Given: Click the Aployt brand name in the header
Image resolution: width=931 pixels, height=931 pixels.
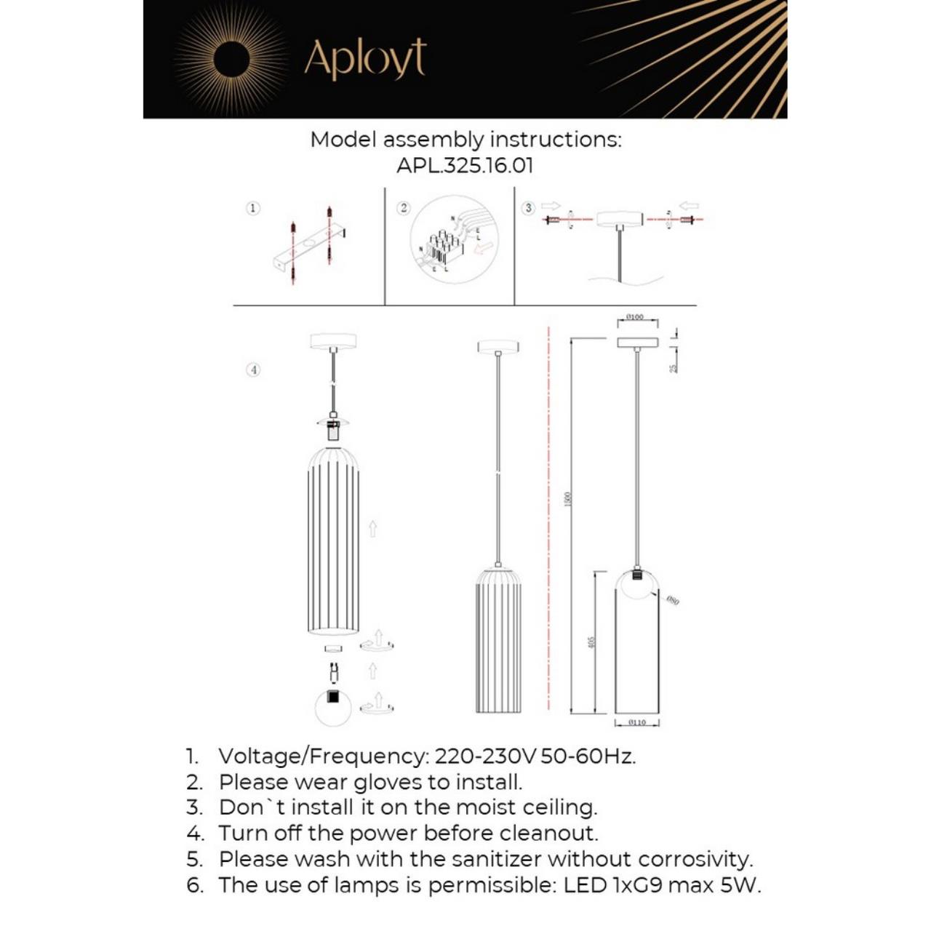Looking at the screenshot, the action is pos(364,60).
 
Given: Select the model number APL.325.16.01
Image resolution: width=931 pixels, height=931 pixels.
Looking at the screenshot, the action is pos(465,165).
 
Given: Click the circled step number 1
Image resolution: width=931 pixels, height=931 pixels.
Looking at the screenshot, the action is pos(253,209).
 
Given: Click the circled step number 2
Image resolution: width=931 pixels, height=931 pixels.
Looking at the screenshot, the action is pos(404,209).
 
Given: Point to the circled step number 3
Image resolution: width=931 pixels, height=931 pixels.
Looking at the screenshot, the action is pos(529,208).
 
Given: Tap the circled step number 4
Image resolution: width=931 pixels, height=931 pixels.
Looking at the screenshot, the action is pos(253,369).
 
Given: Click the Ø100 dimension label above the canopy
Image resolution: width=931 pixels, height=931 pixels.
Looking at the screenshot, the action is pos(634,317).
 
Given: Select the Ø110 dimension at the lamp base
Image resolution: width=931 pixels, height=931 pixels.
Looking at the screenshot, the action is pos(636,722).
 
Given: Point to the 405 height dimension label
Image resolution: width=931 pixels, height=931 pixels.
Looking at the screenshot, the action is pos(591,642).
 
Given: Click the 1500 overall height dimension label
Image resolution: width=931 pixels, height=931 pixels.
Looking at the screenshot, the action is pos(568,499).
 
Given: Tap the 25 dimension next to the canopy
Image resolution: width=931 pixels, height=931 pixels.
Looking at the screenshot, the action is pos(674,368).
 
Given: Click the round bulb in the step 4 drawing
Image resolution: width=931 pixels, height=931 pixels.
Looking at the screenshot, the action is pos(333,706).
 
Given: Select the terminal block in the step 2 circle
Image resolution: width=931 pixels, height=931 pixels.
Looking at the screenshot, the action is pos(441,247).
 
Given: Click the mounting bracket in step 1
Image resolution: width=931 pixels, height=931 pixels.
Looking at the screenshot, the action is pos(309,248).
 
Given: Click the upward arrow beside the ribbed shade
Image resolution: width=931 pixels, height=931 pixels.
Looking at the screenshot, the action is pos(372,529).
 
